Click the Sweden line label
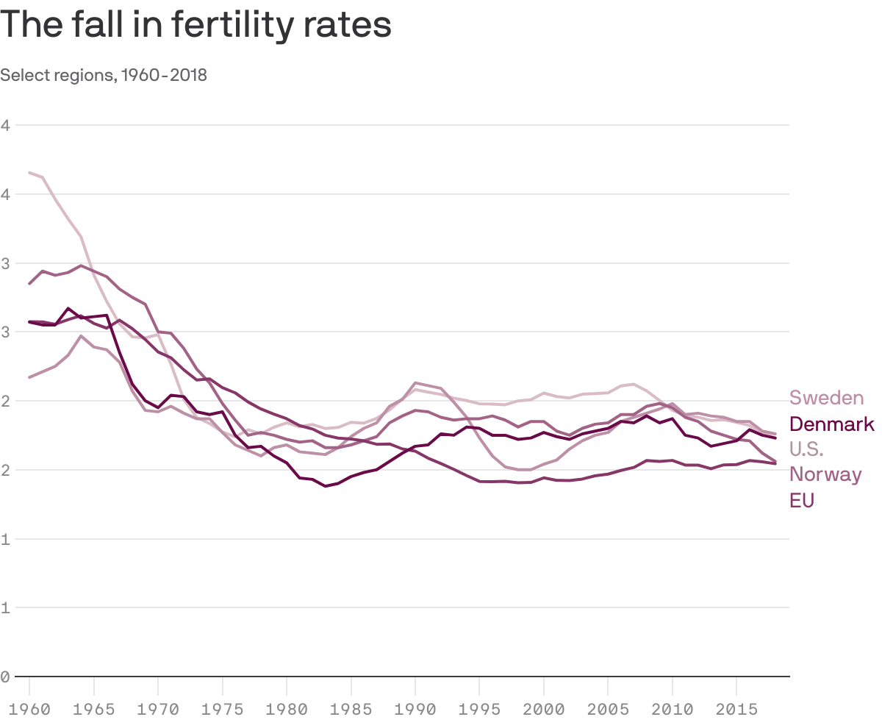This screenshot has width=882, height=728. tap(826, 398)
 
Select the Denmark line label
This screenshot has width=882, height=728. tap(831, 424)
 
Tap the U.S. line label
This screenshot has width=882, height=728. tap(806, 449)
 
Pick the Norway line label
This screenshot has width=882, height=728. tap(825, 474)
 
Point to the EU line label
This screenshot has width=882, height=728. tap(802, 500)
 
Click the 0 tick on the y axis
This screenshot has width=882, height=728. tap(5, 677)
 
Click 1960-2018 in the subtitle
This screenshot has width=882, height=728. tap(164, 75)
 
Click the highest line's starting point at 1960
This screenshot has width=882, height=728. tap(29, 173)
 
